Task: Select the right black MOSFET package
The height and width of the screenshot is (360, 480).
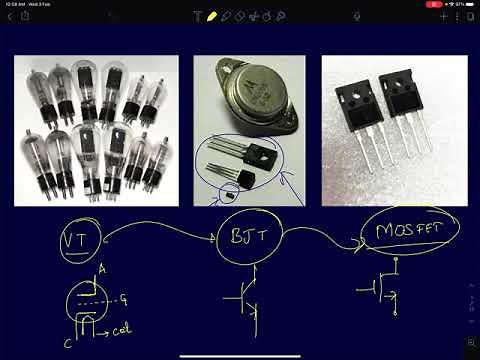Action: coord(400,100)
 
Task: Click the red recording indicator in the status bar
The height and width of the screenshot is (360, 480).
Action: coord(434,4)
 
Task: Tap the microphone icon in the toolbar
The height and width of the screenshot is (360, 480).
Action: coord(283,17)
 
